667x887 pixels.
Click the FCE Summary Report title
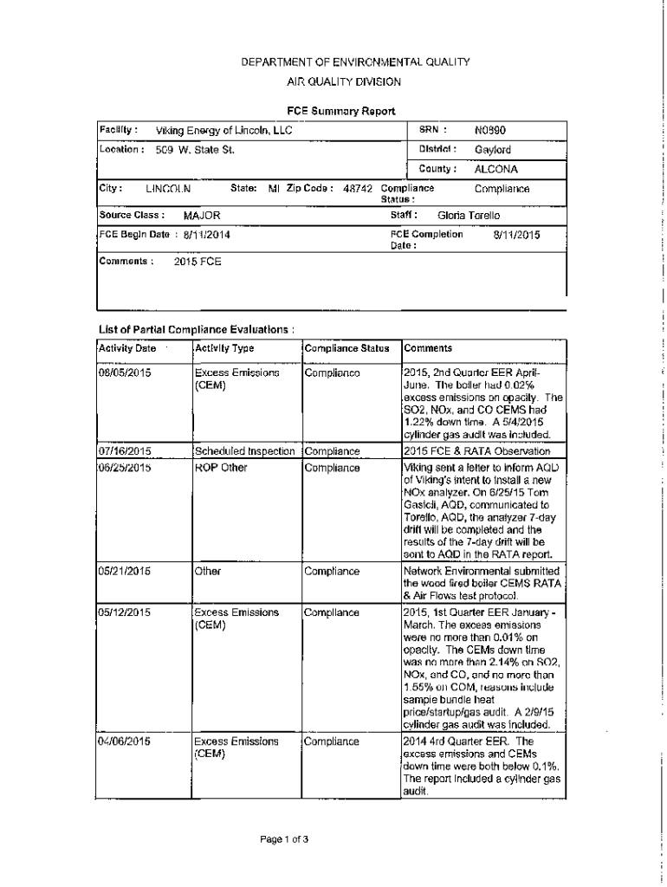pyautogui.click(x=341, y=111)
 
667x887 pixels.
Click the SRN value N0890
pyautogui.click(x=489, y=131)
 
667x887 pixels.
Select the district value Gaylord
pyautogui.click(x=492, y=150)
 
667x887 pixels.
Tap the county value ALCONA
pyautogui.click(x=495, y=169)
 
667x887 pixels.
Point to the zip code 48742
pyautogui.click(x=357, y=189)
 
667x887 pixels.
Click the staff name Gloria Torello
pyautogui.click(x=469, y=215)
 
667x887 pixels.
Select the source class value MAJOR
pyautogui.click(x=202, y=215)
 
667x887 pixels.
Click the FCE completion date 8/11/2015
pyautogui.click(x=516, y=234)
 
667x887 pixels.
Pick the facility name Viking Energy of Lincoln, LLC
pyautogui.click(x=223, y=131)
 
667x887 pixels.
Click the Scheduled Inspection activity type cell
pyautogui.click(x=247, y=451)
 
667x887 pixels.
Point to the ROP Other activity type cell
pyautogui.click(x=221, y=468)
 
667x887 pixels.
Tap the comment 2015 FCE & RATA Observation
pyautogui.click(x=476, y=451)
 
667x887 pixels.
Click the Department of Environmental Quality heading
pyautogui.click(x=343, y=62)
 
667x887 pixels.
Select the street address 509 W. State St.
pyautogui.click(x=195, y=150)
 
